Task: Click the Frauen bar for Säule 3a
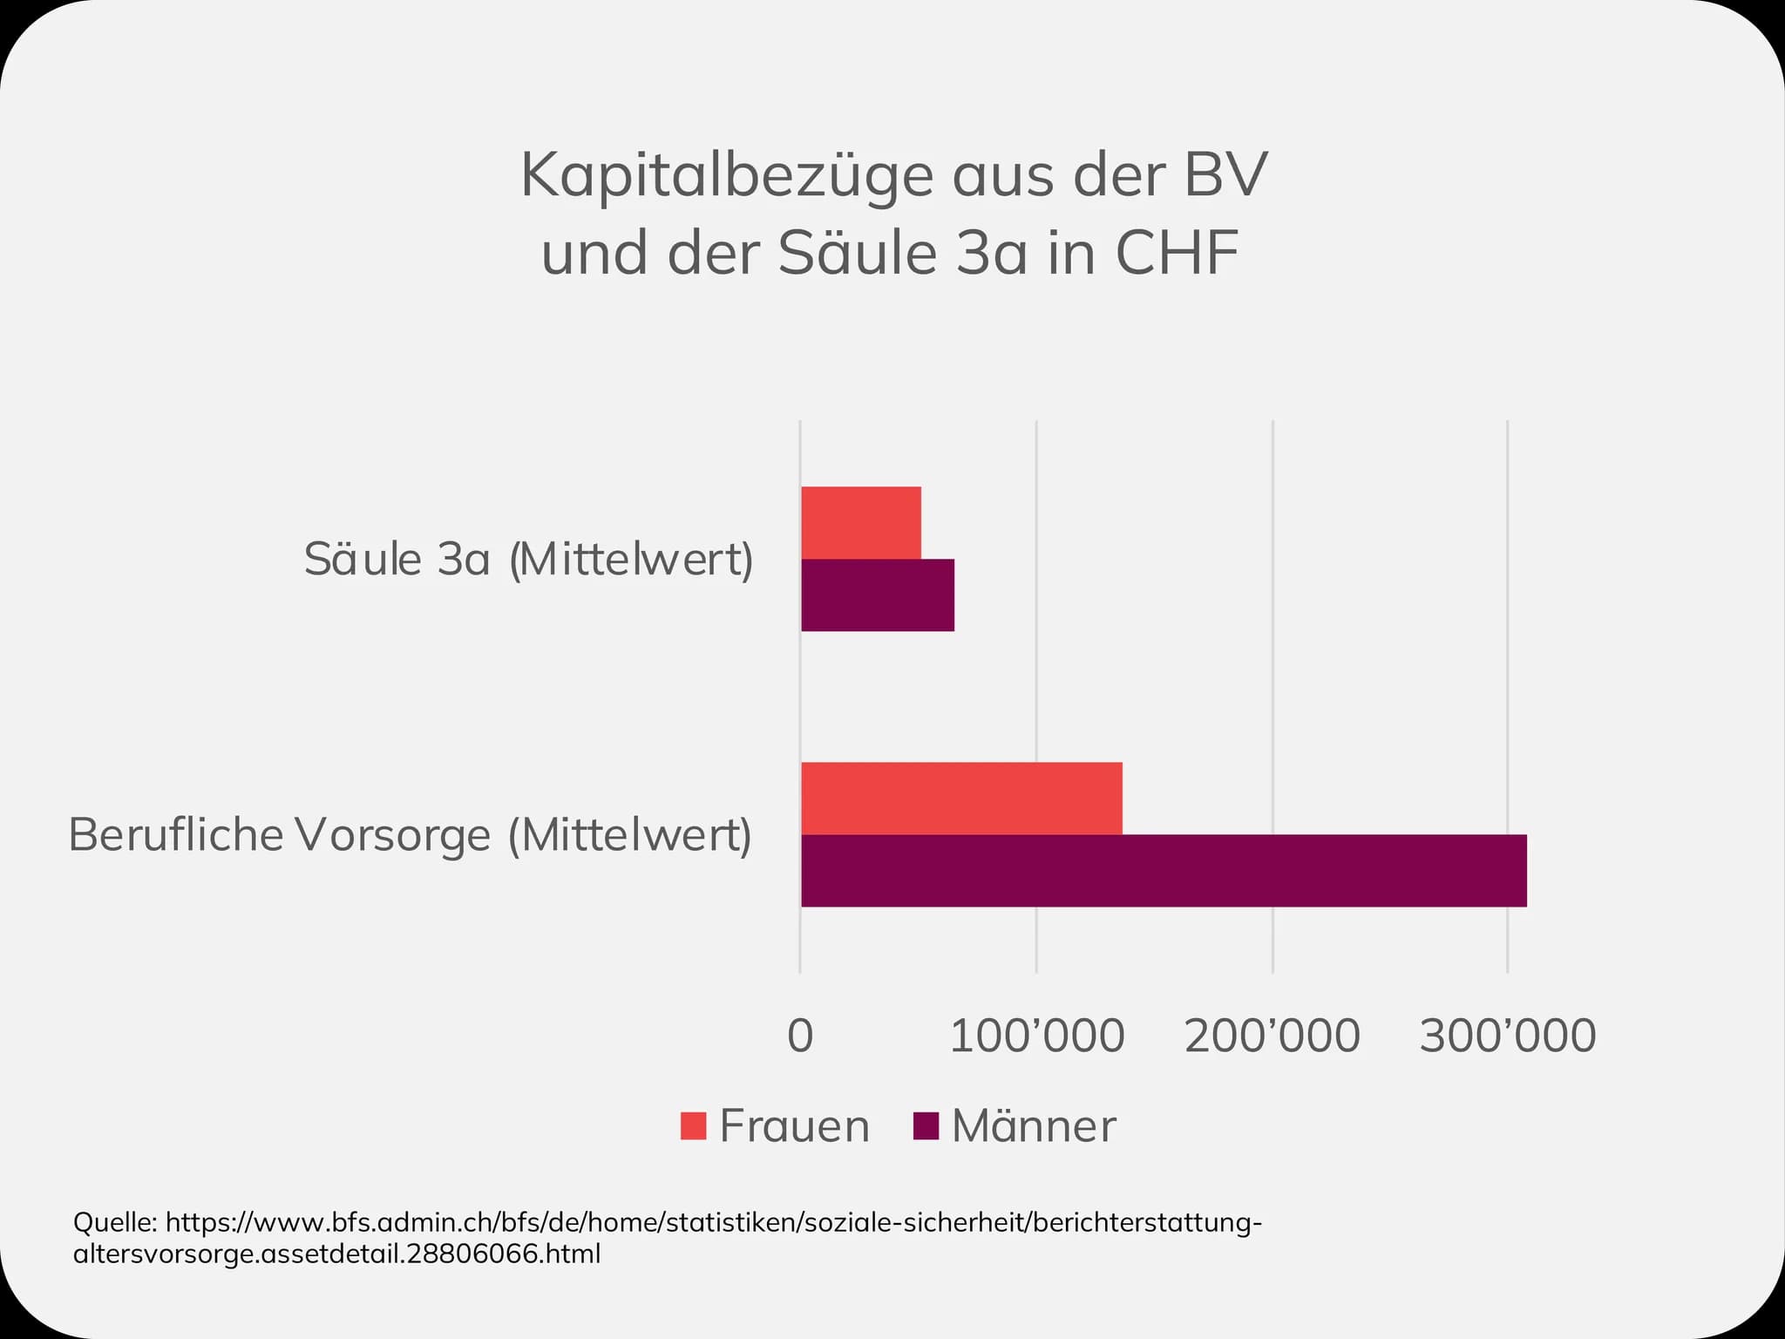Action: click(861, 523)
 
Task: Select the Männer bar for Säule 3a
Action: click(878, 595)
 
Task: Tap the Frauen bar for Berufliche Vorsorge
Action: click(961, 799)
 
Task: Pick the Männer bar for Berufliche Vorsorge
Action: click(1164, 871)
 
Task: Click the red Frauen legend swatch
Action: click(693, 1125)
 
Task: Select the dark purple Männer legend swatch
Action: click(926, 1125)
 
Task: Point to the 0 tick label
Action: click(800, 1037)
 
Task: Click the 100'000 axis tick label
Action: click(1036, 1037)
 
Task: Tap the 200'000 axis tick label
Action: click(1273, 1037)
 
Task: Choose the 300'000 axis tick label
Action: click(1508, 1037)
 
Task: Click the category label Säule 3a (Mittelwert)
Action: click(529, 560)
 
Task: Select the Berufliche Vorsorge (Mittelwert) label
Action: click(411, 835)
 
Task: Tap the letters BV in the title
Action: click(1225, 175)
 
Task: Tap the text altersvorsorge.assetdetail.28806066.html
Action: click(337, 1255)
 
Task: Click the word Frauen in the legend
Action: click(795, 1126)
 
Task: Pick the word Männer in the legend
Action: click(1034, 1125)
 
